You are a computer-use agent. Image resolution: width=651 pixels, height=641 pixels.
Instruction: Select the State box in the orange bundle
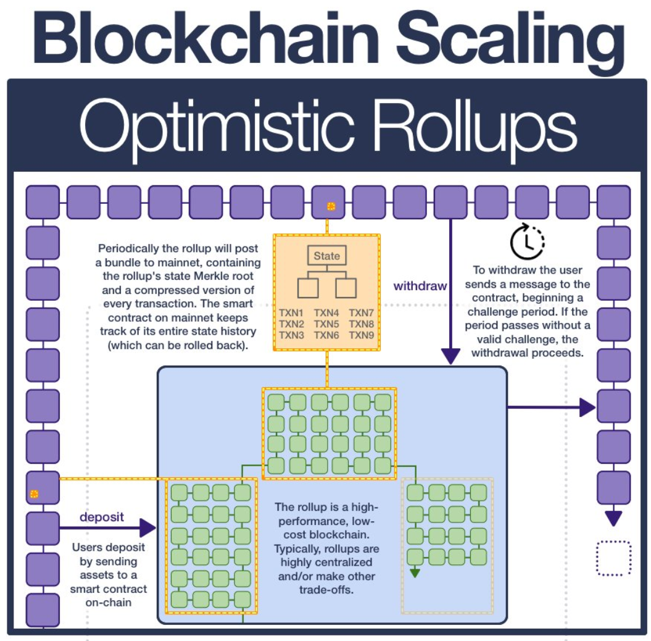(326, 256)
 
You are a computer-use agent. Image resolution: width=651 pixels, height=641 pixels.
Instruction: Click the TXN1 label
(291, 312)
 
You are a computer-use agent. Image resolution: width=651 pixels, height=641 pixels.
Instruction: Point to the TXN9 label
(361, 335)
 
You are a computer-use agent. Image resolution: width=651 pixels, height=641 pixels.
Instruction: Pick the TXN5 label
(326, 324)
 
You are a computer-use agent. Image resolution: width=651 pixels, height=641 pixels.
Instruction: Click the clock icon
(528, 241)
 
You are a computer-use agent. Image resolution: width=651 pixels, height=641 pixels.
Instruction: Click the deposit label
(102, 516)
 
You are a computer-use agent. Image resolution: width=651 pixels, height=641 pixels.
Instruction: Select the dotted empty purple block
(613, 558)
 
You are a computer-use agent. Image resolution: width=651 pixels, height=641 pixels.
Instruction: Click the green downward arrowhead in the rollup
(415, 572)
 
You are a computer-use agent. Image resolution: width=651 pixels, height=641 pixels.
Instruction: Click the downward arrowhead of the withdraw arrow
(451, 356)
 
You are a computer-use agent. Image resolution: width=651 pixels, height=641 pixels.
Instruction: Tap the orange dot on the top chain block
(330, 207)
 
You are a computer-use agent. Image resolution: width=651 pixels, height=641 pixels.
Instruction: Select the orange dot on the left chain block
(35, 494)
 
